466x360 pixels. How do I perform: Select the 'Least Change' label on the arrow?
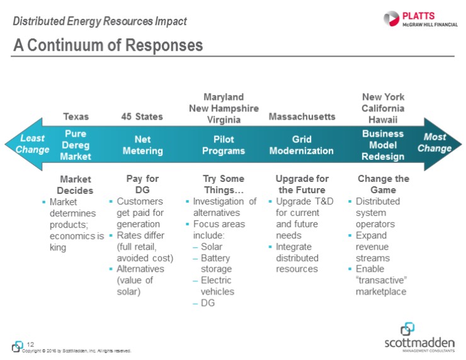32,144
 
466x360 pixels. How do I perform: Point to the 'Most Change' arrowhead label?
434,143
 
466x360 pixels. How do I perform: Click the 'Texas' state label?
76,116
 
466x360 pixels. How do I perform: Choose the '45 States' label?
142,116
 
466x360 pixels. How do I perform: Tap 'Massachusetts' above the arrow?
302,116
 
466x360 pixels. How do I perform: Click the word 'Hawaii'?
383,119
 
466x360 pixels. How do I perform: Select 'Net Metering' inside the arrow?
142,145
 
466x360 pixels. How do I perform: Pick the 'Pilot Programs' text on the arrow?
224,145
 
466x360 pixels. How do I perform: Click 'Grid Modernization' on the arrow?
302,145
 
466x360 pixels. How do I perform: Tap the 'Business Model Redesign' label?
383,145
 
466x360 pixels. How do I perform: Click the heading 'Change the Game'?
383,184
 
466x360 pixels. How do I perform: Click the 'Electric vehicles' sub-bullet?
217,286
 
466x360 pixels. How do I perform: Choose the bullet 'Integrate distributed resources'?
298,258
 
